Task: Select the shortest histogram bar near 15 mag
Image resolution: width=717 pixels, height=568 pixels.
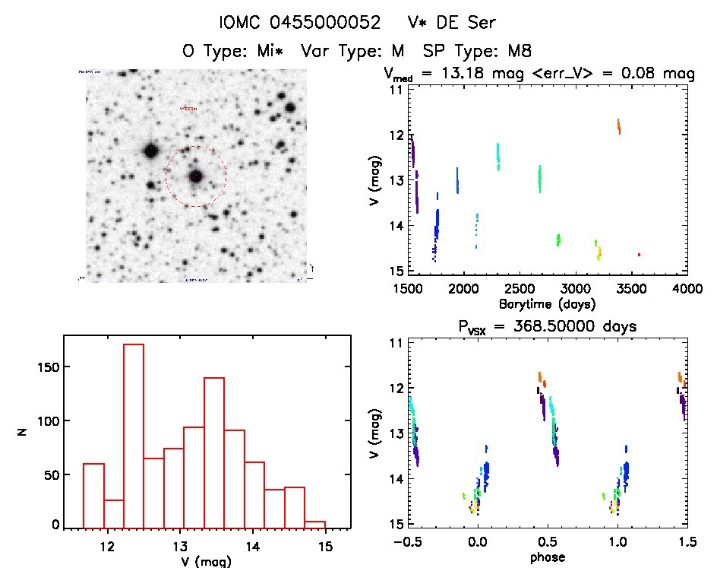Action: point(314,524)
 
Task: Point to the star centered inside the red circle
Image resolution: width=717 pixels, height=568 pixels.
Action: point(196,176)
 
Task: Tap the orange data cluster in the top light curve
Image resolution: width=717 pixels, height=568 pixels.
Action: point(619,126)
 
